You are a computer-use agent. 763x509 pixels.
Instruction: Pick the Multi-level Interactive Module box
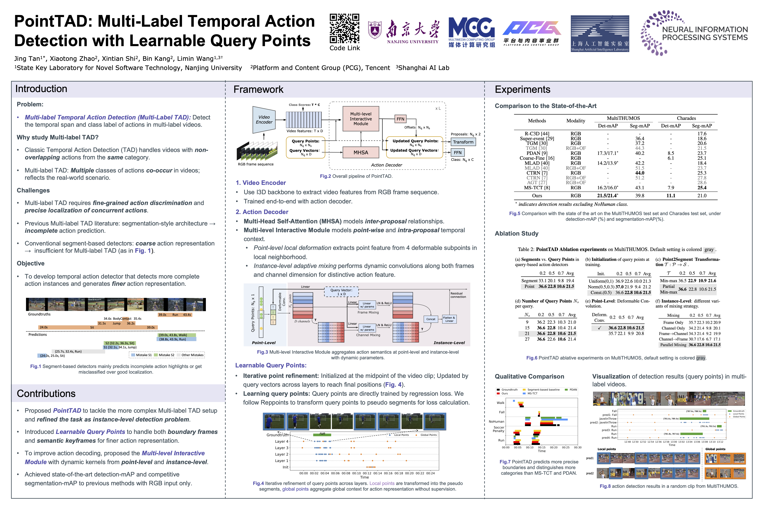click(361, 119)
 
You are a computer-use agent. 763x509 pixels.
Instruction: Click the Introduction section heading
click(41, 89)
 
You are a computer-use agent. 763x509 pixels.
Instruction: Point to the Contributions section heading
click(46, 393)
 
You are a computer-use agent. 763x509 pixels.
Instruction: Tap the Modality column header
click(575, 121)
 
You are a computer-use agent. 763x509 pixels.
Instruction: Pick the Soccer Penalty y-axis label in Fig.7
click(499, 429)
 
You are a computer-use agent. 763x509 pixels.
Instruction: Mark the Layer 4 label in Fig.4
click(282, 441)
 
